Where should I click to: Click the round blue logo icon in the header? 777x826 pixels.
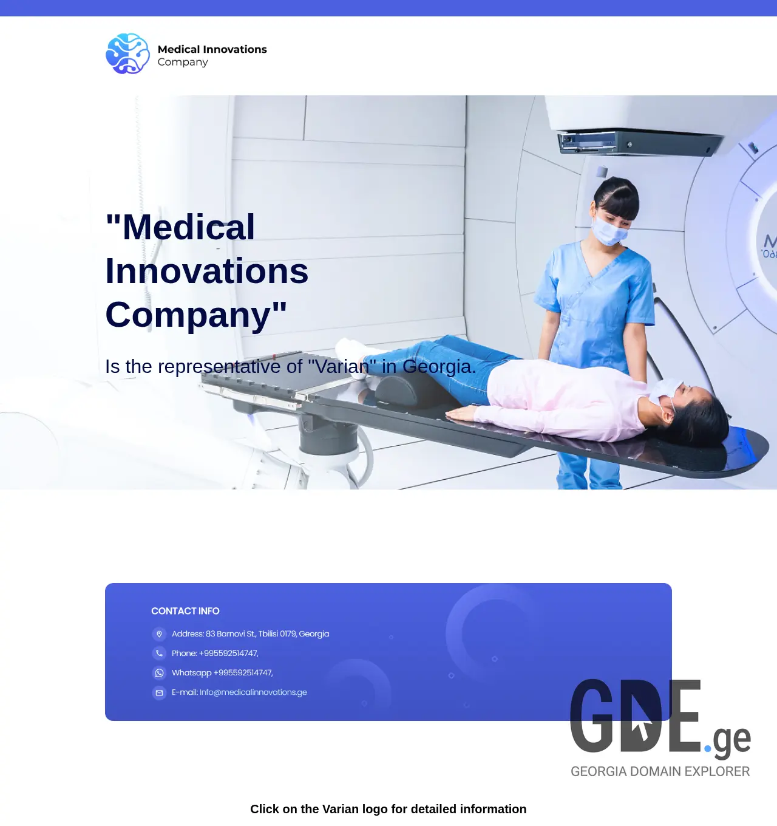tap(127, 54)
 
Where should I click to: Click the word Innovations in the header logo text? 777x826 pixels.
tap(235, 49)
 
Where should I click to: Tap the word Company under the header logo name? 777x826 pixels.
tap(183, 62)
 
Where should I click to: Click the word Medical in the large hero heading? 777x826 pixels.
tap(188, 227)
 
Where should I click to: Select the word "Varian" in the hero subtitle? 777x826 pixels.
tap(342, 366)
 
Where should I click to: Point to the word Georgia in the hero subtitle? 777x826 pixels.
tap(439, 366)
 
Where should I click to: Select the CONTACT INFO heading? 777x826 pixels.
tap(185, 611)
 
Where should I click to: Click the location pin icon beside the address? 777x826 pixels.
tap(159, 634)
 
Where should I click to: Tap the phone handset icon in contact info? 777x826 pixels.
tap(159, 654)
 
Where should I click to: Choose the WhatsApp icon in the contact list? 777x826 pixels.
tap(159, 673)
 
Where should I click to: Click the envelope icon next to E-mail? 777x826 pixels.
tap(159, 692)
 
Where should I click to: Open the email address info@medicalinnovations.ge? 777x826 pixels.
tap(253, 692)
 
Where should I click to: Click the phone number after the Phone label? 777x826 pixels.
tap(228, 654)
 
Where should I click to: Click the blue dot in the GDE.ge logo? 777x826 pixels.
tap(708, 748)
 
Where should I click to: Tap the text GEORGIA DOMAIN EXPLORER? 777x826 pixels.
tap(660, 771)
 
